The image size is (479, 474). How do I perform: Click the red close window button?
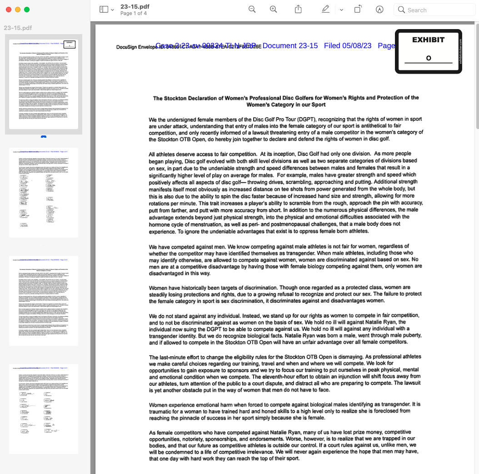coord(9,10)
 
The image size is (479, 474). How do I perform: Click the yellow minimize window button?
coord(18,10)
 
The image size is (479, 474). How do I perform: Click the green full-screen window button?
coord(27,10)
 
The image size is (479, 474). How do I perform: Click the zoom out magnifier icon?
coord(252,10)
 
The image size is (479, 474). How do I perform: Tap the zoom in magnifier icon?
coord(274,10)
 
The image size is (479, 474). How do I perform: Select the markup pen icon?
coord(325,10)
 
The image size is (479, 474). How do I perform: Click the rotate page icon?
coord(358,10)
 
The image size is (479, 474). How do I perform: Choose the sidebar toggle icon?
coord(104,10)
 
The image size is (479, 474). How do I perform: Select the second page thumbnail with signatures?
coord(44,192)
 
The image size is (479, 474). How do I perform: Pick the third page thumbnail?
coord(44,300)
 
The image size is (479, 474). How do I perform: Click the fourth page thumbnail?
coord(44,409)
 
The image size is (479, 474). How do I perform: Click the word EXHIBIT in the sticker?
coord(428,40)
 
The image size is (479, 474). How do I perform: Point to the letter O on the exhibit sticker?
coord(429,58)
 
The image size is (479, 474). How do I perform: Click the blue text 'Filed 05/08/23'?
coord(348,45)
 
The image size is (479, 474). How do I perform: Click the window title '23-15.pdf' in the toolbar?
coord(135,6)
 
